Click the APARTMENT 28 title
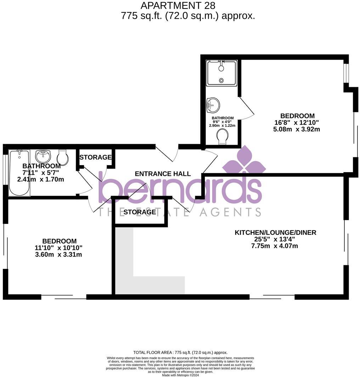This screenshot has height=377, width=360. coord(178,6)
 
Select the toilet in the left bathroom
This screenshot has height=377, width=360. coord(62,157)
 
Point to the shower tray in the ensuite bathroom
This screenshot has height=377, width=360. coord(221,73)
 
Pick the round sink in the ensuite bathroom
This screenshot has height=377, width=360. coord(213,105)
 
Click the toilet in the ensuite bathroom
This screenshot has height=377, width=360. coord(223,136)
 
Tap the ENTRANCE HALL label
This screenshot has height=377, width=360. coord(163,174)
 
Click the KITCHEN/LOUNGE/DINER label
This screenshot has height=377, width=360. coord(275,232)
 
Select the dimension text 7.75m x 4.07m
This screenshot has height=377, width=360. coord(275,246)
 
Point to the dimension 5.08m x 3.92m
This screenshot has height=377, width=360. coord(297,129)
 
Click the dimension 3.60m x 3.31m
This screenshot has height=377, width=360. coord(58,254)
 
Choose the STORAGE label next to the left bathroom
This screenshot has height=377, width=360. coord(95,157)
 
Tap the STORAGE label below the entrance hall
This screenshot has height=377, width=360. coord(140,212)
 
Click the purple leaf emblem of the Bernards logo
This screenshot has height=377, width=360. coord(244,161)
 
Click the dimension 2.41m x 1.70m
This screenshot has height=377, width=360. coord(41,179)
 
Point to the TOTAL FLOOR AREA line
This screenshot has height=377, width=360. coord(180,353)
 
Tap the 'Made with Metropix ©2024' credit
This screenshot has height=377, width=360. coord(180,375)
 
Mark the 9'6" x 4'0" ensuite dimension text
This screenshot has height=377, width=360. coord(223,122)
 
